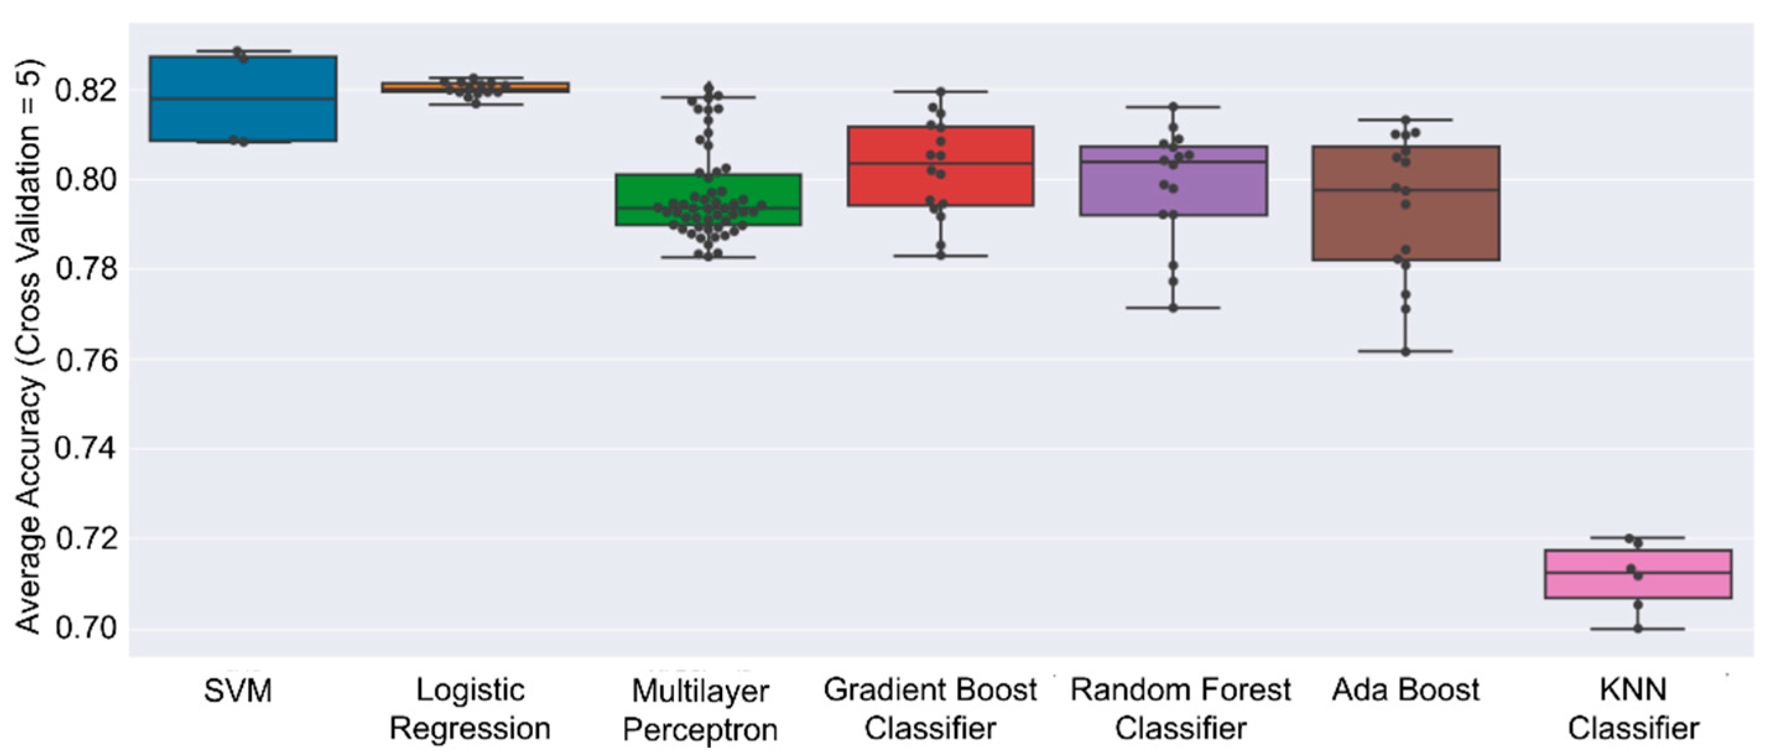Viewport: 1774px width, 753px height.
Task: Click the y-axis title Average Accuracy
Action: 29,344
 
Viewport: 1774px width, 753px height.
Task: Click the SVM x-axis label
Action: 238,690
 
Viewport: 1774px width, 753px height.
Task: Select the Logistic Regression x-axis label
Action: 470,710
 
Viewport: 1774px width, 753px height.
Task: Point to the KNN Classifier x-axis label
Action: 1634,710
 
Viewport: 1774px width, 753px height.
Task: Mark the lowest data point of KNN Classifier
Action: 1638,629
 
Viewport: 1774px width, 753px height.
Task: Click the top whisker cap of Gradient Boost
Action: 941,91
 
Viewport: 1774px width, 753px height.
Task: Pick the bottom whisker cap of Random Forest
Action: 1173,308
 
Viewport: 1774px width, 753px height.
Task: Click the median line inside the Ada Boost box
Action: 1406,189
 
